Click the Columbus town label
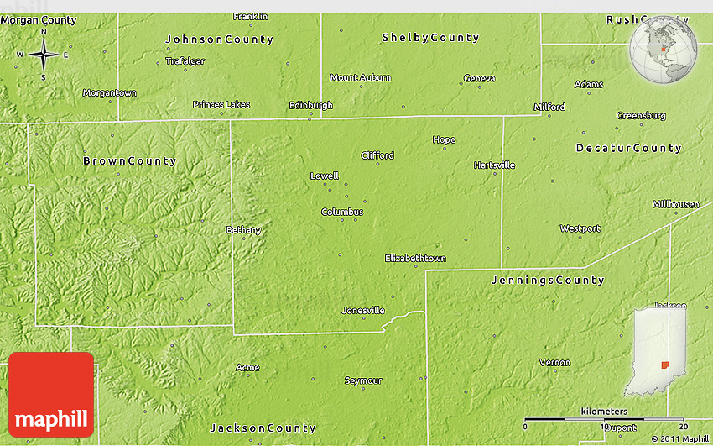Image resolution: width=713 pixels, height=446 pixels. pos(342,212)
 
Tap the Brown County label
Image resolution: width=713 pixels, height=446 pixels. pos(129,160)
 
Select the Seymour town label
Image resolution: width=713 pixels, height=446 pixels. pos(363,380)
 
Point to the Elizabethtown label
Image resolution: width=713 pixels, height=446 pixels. pos(415,258)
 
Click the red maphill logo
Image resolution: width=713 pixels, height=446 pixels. pos(51,394)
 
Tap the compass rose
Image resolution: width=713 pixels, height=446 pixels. pos(44,55)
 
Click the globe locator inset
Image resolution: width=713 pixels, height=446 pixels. pos(664,50)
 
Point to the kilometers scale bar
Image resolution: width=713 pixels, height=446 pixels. pos(604,418)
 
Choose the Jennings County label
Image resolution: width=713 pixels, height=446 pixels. pos(547,280)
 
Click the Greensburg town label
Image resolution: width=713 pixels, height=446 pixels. pos(641,115)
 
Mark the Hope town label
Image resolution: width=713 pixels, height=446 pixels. pos(444,139)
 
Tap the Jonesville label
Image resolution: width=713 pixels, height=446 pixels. pos(363,310)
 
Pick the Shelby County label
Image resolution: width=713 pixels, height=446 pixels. pos(430,38)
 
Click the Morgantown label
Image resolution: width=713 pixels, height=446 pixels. pos(109,92)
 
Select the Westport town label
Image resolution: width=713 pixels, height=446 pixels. pos(580,228)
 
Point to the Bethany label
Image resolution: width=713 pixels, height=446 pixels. pos(244,229)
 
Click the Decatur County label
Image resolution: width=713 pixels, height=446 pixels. pos(628,148)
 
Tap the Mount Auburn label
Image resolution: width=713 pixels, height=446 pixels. pos(360,77)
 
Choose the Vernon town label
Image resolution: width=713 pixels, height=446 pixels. pos(554,363)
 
